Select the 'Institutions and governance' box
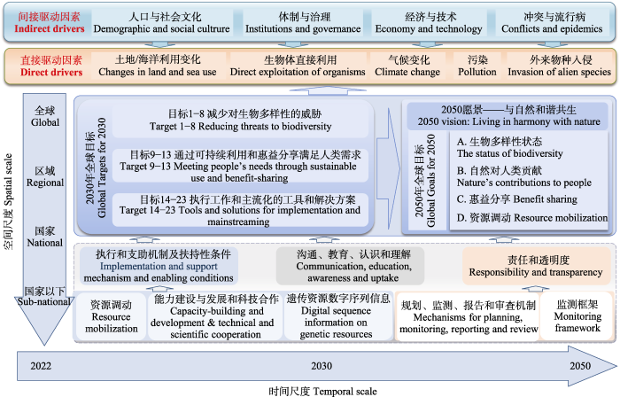303,23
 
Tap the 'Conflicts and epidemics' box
552,23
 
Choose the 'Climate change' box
407,66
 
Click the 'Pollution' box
477,66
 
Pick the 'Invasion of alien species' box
560,66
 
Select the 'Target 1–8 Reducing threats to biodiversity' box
240,121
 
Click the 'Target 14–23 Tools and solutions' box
240,210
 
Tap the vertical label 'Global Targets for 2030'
96,167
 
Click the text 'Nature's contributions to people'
524,183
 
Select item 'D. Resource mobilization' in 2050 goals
532,217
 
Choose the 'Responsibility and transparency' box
536,266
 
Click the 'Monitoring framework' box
577,316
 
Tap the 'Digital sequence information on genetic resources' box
337,316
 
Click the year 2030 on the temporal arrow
322,366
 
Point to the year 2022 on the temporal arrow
41,366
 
